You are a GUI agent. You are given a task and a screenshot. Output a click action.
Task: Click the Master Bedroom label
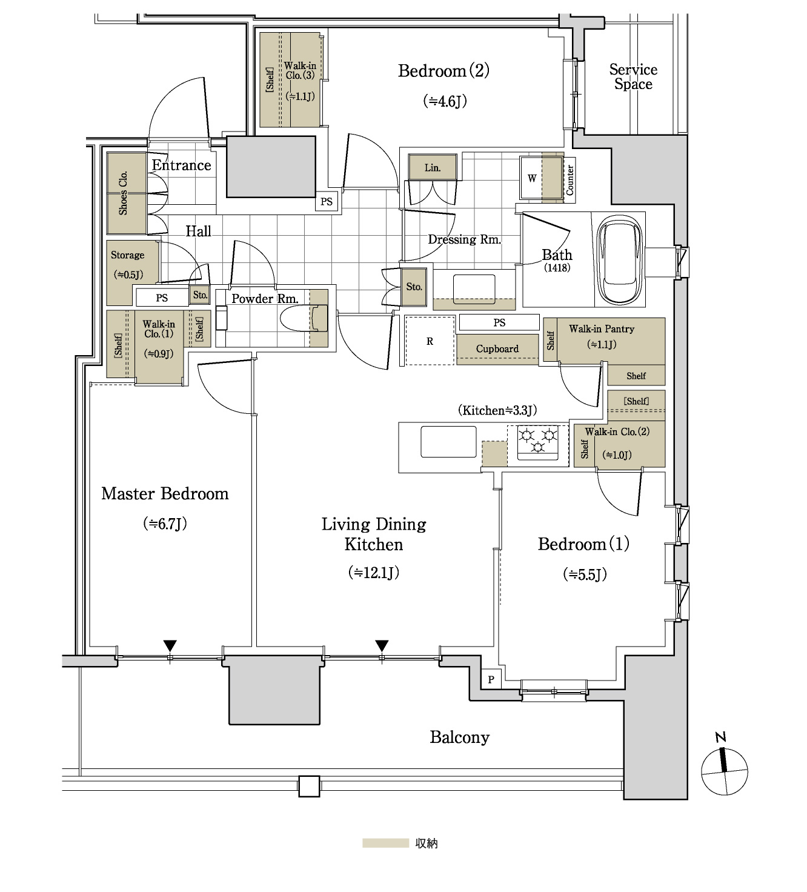165,494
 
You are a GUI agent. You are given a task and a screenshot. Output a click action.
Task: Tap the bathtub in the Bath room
619,260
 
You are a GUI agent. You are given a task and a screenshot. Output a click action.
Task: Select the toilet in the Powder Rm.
305,318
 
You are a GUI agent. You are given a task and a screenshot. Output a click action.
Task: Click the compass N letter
721,737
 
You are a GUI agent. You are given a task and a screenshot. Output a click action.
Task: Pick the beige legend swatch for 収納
385,843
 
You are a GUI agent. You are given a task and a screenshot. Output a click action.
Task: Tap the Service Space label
633,76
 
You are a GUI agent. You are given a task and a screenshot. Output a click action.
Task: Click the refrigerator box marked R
430,341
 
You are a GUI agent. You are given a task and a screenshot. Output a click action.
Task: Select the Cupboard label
497,348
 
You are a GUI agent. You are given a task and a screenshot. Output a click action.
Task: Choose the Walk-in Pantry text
602,328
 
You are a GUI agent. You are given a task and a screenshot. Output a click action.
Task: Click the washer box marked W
531,178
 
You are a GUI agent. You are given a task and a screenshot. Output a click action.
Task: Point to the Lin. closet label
432,168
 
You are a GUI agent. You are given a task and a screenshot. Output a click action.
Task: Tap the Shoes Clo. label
123,193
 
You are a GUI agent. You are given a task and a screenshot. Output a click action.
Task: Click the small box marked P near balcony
491,679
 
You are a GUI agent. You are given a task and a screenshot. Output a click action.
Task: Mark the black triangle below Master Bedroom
170,645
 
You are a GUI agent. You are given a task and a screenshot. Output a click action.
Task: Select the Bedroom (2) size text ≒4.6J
445,101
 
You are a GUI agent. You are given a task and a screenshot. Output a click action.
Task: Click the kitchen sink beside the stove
448,442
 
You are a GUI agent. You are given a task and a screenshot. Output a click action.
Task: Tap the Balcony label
459,737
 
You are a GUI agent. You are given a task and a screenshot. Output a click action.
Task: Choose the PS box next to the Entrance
327,201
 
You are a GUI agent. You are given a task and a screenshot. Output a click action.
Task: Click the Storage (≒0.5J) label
128,265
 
